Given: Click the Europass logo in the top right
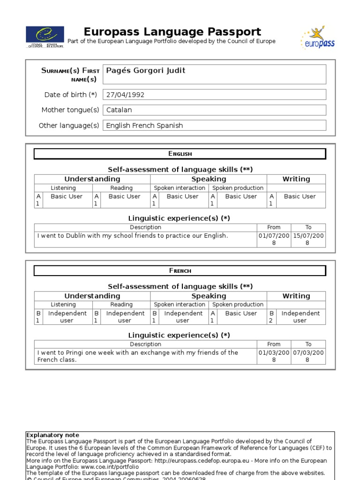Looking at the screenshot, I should pyautogui.click(x=317, y=38).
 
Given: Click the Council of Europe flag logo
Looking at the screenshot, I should pyautogui.click(x=45, y=37).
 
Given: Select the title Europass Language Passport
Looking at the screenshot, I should pyautogui.click(x=172, y=32).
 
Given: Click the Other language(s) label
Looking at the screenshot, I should pyautogui.click(x=69, y=126).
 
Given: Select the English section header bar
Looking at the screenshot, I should pyautogui.click(x=180, y=154).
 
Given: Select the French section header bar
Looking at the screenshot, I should pyautogui.click(x=180, y=270).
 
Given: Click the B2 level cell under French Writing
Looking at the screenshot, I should pyautogui.click(x=271, y=317).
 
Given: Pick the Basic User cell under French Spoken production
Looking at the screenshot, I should pyautogui.click(x=241, y=313).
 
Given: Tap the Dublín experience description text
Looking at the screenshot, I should pyautogui.click(x=133, y=236).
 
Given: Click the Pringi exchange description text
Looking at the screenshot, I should pyautogui.click(x=138, y=356).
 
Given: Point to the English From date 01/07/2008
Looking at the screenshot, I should pyautogui.click(x=274, y=240).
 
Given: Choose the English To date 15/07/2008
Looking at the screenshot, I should pyautogui.click(x=308, y=240).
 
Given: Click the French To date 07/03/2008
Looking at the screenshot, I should pyautogui.click(x=308, y=356).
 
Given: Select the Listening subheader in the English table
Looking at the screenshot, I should pyautogui.click(x=63, y=188).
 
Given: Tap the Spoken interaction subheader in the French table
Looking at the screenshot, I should pyautogui.click(x=180, y=305).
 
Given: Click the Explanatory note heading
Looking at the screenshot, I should pyautogui.click(x=52, y=435).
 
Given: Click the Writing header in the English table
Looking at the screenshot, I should pyautogui.click(x=296, y=179).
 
